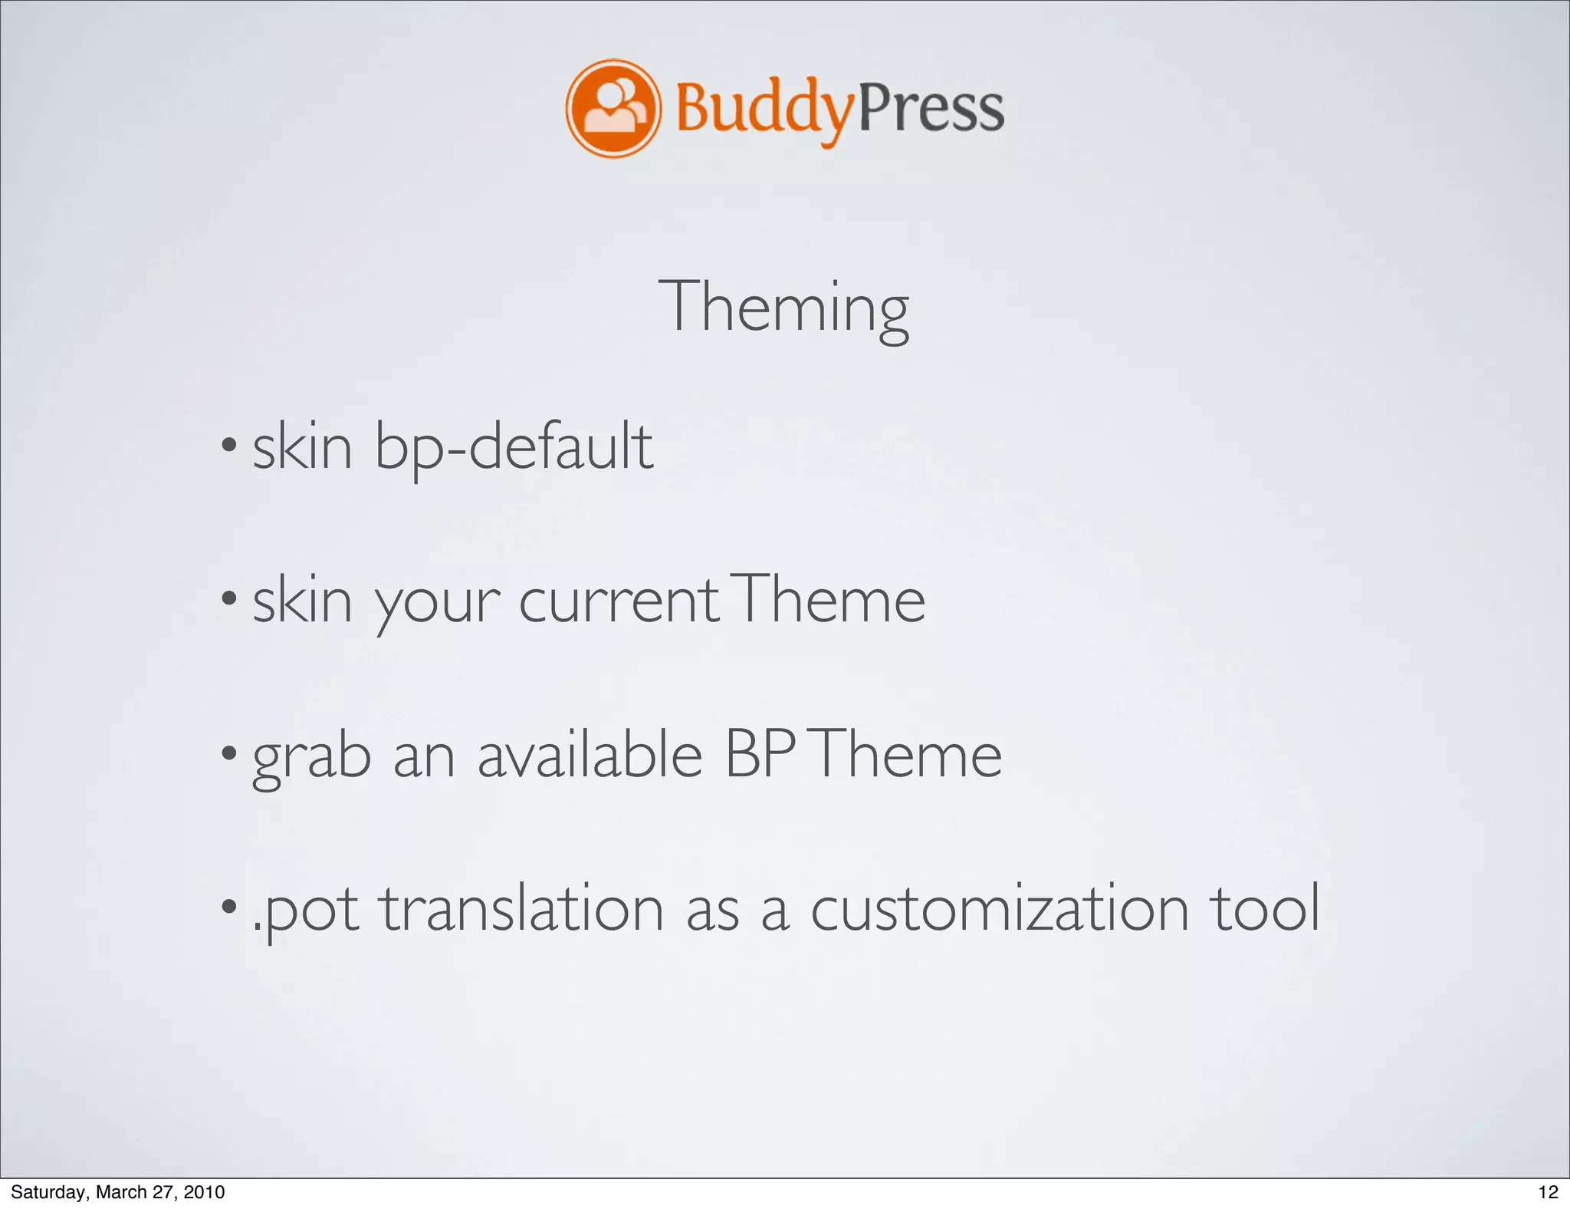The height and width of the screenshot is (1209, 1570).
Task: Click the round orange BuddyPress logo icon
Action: pyautogui.click(x=613, y=108)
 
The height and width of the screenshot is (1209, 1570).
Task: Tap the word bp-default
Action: pyautogui.click(x=514, y=447)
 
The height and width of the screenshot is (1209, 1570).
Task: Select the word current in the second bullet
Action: pyautogui.click(x=619, y=601)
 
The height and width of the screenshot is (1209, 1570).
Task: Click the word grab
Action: pyautogui.click(x=312, y=757)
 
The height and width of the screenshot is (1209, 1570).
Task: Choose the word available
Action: pyautogui.click(x=590, y=754)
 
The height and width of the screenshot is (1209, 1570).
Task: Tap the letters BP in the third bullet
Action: pyautogui.click(x=759, y=754)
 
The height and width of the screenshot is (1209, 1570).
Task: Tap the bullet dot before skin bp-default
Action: pyautogui.click(x=228, y=444)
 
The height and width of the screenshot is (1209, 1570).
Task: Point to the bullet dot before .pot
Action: pyautogui.click(x=228, y=906)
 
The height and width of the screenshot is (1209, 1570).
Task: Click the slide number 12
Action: pyautogui.click(x=1548, y=1191)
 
